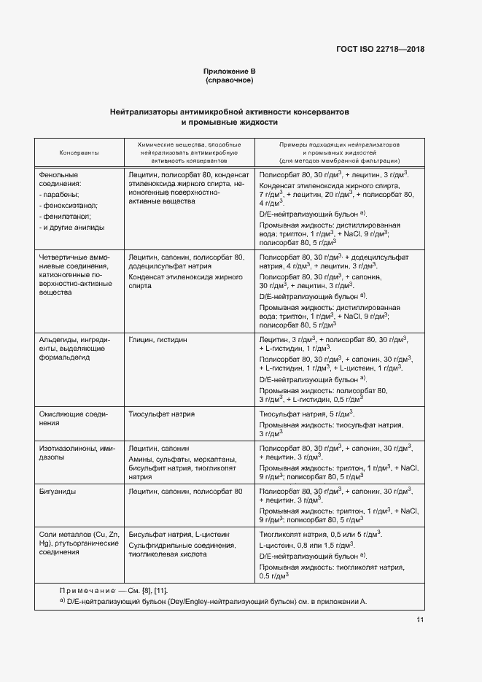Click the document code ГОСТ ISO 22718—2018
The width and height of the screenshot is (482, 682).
point(379,50)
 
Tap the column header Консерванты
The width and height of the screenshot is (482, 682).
point(79,152)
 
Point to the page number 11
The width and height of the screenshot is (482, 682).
point(420,620)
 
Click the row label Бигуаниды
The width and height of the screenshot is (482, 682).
point(59,492)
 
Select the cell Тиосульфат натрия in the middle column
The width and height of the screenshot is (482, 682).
point(161,414)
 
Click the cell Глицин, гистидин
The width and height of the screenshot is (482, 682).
point(158,340)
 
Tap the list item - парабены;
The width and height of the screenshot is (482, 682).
point(63,195)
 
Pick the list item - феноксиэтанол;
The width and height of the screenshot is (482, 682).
point(71,206)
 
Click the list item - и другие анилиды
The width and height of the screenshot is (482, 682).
point(71,228)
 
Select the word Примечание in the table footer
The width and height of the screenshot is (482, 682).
point(88,590)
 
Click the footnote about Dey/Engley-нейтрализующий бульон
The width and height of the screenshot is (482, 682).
point(213,602)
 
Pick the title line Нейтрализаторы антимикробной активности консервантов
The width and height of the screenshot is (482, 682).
point(229,112)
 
